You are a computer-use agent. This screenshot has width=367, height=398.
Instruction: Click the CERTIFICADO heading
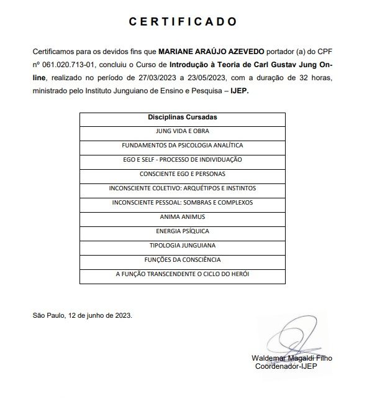pyautogui.click(x=183, y=21)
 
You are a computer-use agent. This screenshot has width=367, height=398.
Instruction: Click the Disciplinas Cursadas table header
pyautogui.click(x=182, y=116)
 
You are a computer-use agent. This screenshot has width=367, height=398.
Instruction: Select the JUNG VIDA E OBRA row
pyautogui.click(x=182, y=131)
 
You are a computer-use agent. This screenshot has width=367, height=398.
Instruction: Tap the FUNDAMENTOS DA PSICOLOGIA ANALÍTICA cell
pyautogui.click(x=182, y=145)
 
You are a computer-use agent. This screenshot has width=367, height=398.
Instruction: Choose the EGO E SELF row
pyautogui.click(x=182, y=159)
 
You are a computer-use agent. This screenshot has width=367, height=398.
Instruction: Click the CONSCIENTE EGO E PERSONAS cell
pyautogui.click(x=182, y=174)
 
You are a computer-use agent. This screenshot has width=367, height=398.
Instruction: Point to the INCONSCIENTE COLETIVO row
pyautogui.click(x=182, y=188)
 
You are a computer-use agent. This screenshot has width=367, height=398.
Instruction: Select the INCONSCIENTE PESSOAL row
pyautogui.click(x=182, y=202)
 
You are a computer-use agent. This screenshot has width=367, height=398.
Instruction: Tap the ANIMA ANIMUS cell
pyautogui.click(x=182, y=216)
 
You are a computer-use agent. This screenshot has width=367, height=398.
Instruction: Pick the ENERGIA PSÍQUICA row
pyautogui.click(x=182, y=231)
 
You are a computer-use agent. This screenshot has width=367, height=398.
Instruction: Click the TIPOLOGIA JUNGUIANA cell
pyautogui.click(x=182, y=245)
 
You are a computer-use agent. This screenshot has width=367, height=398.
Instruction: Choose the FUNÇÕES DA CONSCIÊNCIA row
pyautogui.click(x=182, y=259)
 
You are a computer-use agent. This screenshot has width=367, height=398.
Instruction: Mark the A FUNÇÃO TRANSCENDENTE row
pyautogui.click(x=182, y=274)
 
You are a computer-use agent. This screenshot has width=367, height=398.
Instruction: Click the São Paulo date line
pyautogui.click(x=82, y=315)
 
